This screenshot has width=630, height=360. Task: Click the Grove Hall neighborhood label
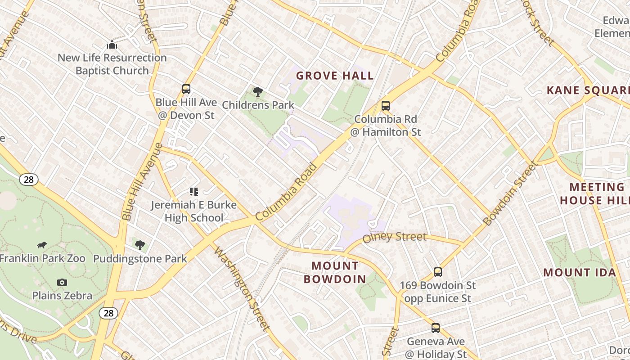[335, 76]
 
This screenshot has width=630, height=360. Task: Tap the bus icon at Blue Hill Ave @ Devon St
[186, 89]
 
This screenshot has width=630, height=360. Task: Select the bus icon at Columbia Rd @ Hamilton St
[386, 106]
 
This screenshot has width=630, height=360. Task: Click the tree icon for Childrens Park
[257, 92]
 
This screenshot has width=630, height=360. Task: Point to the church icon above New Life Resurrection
[112, 45]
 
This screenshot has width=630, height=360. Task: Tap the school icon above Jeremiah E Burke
[193, 192]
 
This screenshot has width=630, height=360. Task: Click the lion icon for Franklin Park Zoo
[42, 245]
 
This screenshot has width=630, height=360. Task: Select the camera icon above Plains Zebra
[62, 283]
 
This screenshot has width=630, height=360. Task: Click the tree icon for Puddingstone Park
[140, 245]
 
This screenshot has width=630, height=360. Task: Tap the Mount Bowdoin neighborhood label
[335, 272]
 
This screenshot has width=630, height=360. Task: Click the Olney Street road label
[394, 237]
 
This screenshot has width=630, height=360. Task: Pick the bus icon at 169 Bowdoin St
[438, 272]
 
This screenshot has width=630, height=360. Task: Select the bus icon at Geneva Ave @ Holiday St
[435, 328]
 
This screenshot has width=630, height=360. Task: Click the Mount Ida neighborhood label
[580, 272]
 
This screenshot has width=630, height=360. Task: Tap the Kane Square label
[588, 90]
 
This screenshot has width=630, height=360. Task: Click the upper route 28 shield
[28, 180]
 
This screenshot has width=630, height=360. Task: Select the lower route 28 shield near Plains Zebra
[108, 313]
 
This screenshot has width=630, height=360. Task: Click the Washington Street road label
[241, 288]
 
